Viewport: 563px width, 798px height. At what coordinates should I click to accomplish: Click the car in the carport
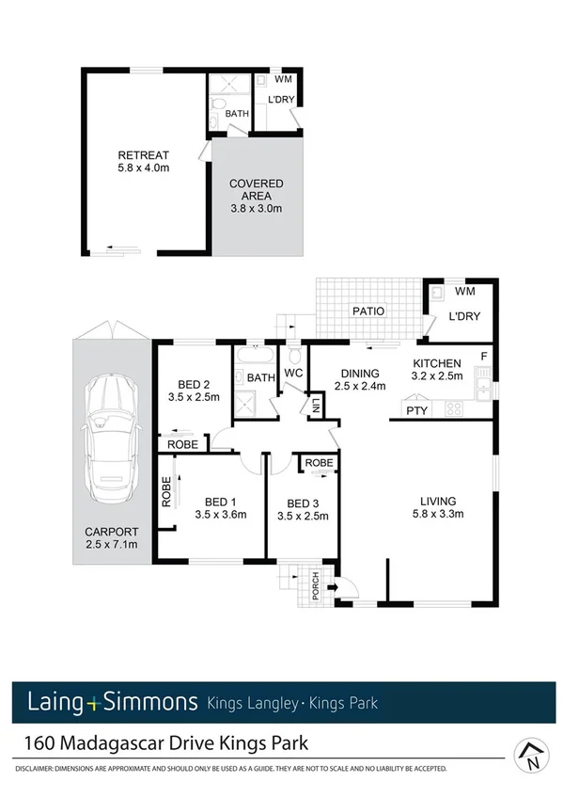coord(111,439)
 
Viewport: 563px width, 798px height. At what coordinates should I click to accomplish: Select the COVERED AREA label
coord(257,184)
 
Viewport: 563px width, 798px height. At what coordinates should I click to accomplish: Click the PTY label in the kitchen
coord(414,410)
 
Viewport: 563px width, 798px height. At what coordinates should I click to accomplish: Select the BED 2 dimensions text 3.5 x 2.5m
coord(192,397)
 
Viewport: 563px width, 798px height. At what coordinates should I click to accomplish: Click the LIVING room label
coord(438,501)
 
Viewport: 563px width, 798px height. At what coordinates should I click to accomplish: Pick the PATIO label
coord(368,311)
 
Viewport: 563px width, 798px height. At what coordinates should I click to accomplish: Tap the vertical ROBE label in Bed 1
coord(165,494)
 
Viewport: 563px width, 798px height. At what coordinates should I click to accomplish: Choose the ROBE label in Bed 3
coord(319,463)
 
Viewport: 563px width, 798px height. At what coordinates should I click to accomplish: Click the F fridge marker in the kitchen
coord(484,356)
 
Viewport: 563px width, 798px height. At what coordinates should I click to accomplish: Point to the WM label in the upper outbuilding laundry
coord(282,78)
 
